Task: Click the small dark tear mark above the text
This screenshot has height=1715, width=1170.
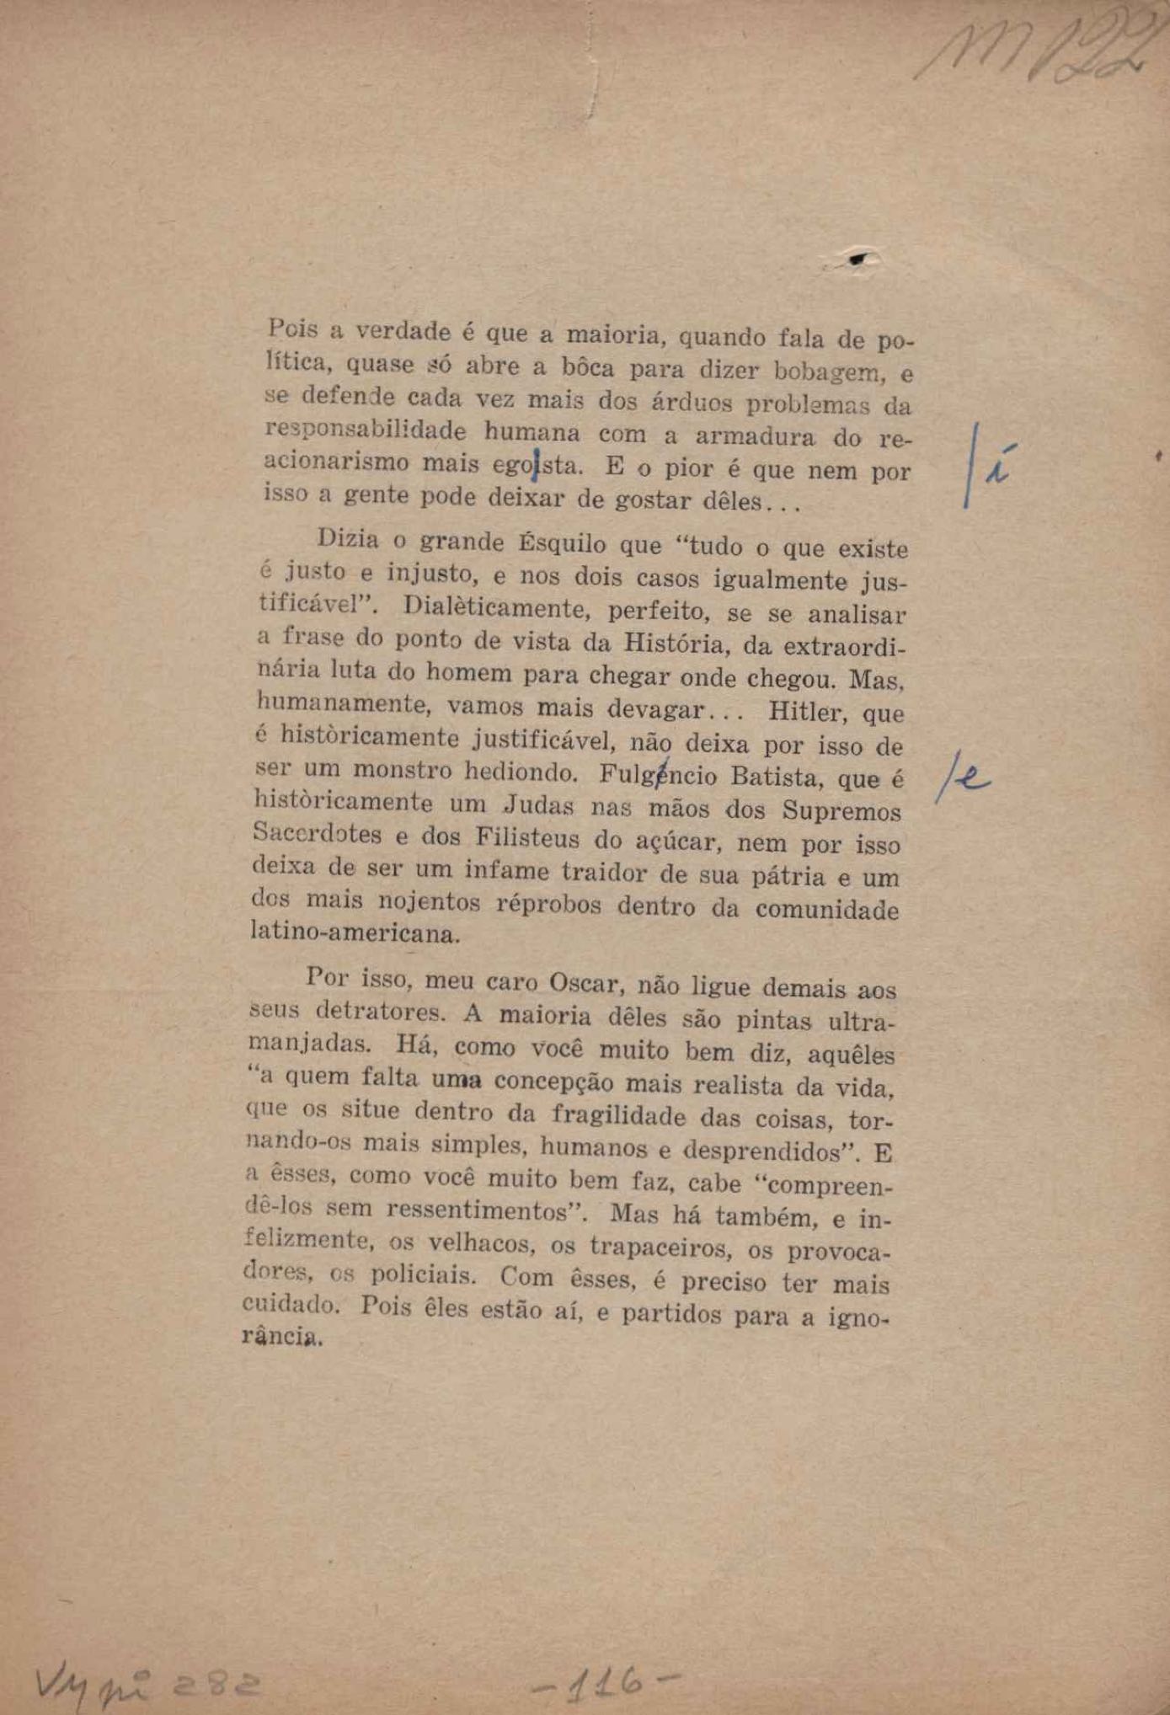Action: click(857, 260)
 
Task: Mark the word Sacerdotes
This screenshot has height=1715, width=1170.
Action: click(317, 835)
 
